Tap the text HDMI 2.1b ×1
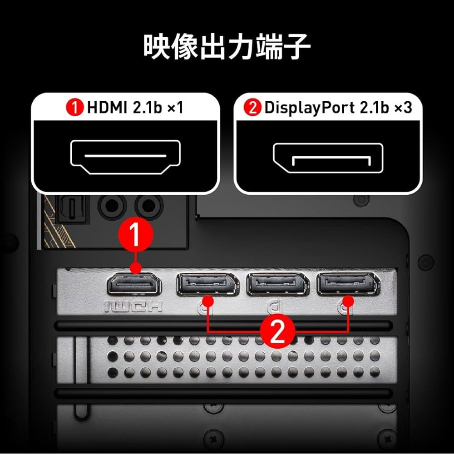pos(134,108)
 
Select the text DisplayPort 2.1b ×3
pos(338,108)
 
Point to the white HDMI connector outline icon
pos(125,157)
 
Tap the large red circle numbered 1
pos(135,234)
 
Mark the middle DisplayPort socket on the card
pos(277,285)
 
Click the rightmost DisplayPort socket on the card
pos(348,285)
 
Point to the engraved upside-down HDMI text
pos(133,307)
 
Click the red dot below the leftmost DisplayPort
pos(208,300)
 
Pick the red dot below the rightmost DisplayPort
pos(348,300)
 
